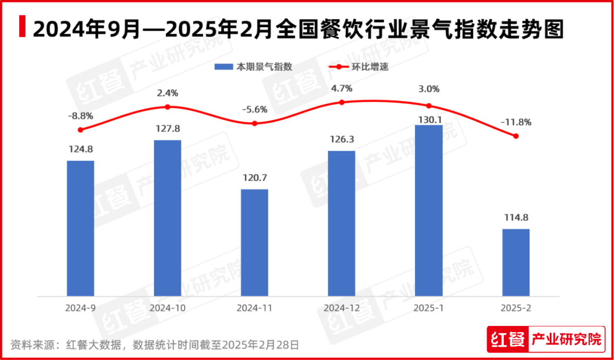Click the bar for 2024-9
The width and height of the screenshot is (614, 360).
(80, 228)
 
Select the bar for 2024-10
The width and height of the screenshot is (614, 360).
(168, 218)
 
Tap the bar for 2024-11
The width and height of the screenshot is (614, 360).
(255, 242)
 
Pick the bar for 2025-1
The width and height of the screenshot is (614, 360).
(429, 210)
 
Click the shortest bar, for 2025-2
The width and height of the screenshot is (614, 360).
(516, 262)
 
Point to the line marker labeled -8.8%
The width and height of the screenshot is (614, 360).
(80, 130)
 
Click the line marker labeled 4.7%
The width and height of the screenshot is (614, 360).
(342, 102)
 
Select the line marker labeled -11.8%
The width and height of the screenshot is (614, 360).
(516, 136)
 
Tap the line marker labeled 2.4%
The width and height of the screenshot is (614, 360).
(168, 107)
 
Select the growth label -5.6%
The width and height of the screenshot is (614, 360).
(255, 110)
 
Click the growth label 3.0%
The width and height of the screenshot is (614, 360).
(429, 89)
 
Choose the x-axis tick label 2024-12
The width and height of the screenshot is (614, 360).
(342, 308)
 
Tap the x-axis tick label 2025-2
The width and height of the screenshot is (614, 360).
(516, 308)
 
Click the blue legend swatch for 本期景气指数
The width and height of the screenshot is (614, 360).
(224, 67)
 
